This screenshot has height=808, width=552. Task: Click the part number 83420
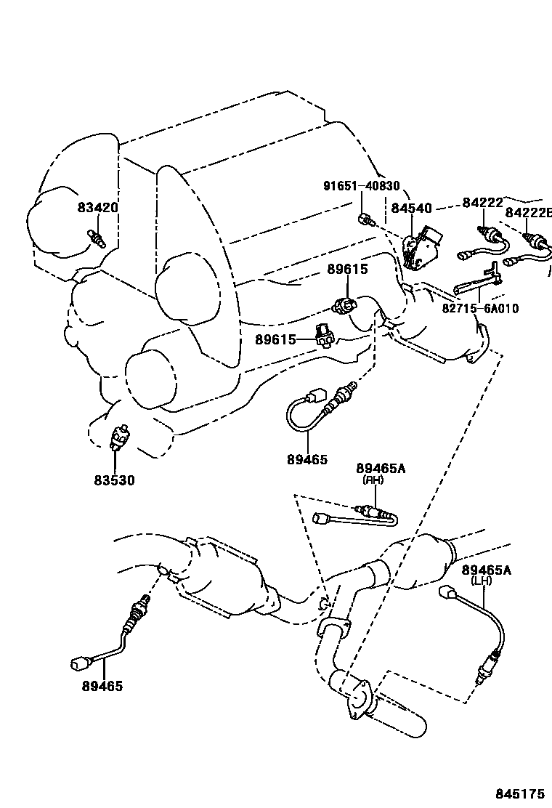pyautogui.click(x=97, y=208)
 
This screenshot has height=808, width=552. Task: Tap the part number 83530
pyautogui.click(x=114, y=480)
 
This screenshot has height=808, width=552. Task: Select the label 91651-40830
pyautogui.click(x=361, y=185)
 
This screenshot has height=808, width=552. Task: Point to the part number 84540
pyautogui.click(x=413, y=208)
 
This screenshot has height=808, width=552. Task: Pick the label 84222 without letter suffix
pyautogui.click(x=483, y=203)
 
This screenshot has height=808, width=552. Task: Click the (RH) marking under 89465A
pyautogui.click(x=373, y=480)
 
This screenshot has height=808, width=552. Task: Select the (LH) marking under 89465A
pyautogui.click(x=480, y=581)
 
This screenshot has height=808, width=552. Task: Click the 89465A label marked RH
pyautogui.click(x=381, y=468)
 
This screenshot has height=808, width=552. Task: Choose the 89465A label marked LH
pyautogui.click(x=487, y=570)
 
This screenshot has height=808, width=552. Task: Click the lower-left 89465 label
pyautogui.click(x=102, y=685)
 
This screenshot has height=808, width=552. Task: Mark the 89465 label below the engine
pyautogui.click(x=307, y=459)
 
